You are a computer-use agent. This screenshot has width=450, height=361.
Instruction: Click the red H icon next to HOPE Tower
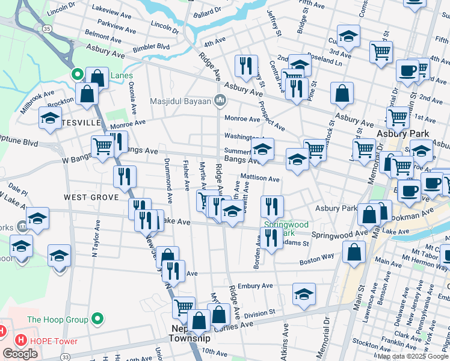(21, 341)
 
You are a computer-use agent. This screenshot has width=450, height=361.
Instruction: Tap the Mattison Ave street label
(260, 179)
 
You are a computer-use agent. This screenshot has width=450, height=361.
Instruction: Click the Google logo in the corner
(20, 354)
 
